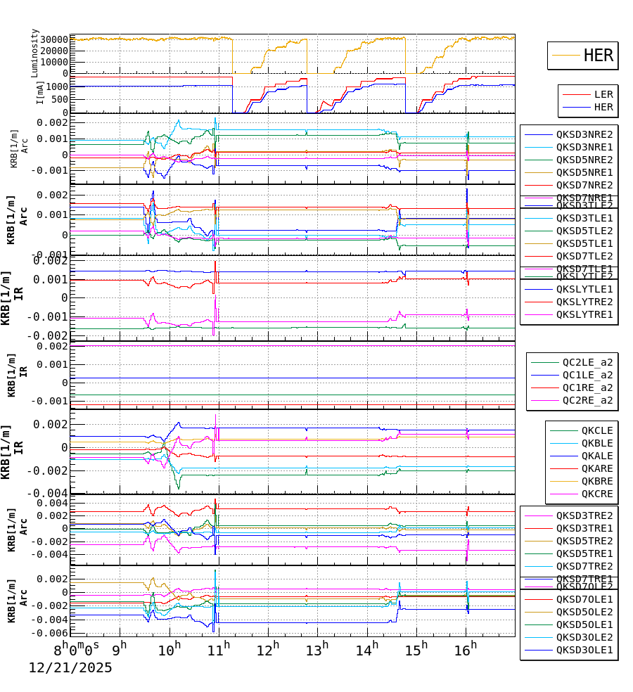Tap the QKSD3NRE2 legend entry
coord(584,134)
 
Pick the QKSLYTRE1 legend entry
coord(584,314)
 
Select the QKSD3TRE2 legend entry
coord(584,515)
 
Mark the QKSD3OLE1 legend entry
coord(584,650)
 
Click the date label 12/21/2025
coord(70,668)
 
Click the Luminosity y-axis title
coord(34,53)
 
